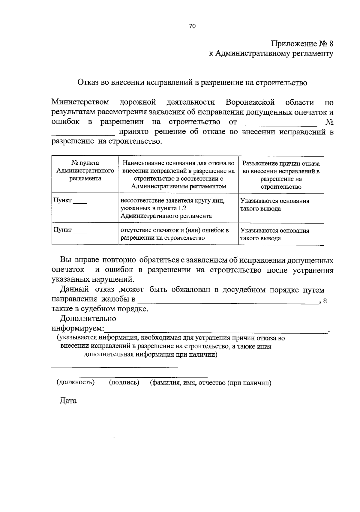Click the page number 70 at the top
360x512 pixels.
[x=192, y=26]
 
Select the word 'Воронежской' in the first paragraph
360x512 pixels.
[x=250, y=102]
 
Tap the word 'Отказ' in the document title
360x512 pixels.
[x=88, y=82]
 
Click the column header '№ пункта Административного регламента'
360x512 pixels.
[x=85, y=171]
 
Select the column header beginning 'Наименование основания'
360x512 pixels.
[x=178, y=175]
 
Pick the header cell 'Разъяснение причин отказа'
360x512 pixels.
[x=281, y=175]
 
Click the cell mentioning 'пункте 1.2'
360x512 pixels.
[x=178, y=208]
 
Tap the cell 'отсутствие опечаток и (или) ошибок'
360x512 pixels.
[x=178, y=234]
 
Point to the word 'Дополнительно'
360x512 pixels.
[x=88, y=318]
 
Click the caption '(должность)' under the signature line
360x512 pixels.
[x=76, y=382]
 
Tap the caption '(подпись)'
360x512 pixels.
[x=124, y=382]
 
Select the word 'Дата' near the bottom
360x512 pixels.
[x=68, y=401]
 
